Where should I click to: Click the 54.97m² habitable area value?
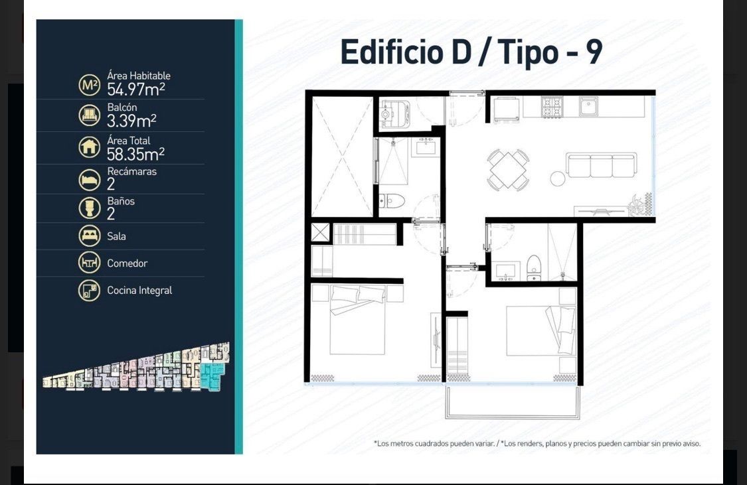[x=135, y=89]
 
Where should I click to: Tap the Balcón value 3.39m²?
[x=131, y=121]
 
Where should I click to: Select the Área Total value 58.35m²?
[x=135, y=154]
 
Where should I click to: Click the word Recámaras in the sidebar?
[x=132, y=171]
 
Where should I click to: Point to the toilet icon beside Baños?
[x=89, y=208]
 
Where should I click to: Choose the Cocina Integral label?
[x=139, y=291]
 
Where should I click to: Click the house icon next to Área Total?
[x=89, y=147]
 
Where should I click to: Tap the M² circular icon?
[x=89, y=85]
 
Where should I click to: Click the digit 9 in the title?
[x=594, y=52]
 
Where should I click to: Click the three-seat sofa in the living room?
[x=601, y=165]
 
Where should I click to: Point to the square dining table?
[x=508, y=170]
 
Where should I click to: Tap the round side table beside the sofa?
[x=558, y=178]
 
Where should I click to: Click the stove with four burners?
[x=552, y=105]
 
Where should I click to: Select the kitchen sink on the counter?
[x=589, y=105]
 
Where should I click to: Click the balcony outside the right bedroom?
[x=513, y=402]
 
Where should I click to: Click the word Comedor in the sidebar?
[x=127, y=263]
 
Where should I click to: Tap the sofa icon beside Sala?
[x=89, y=236]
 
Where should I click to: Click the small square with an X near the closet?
[x=320, y=232]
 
